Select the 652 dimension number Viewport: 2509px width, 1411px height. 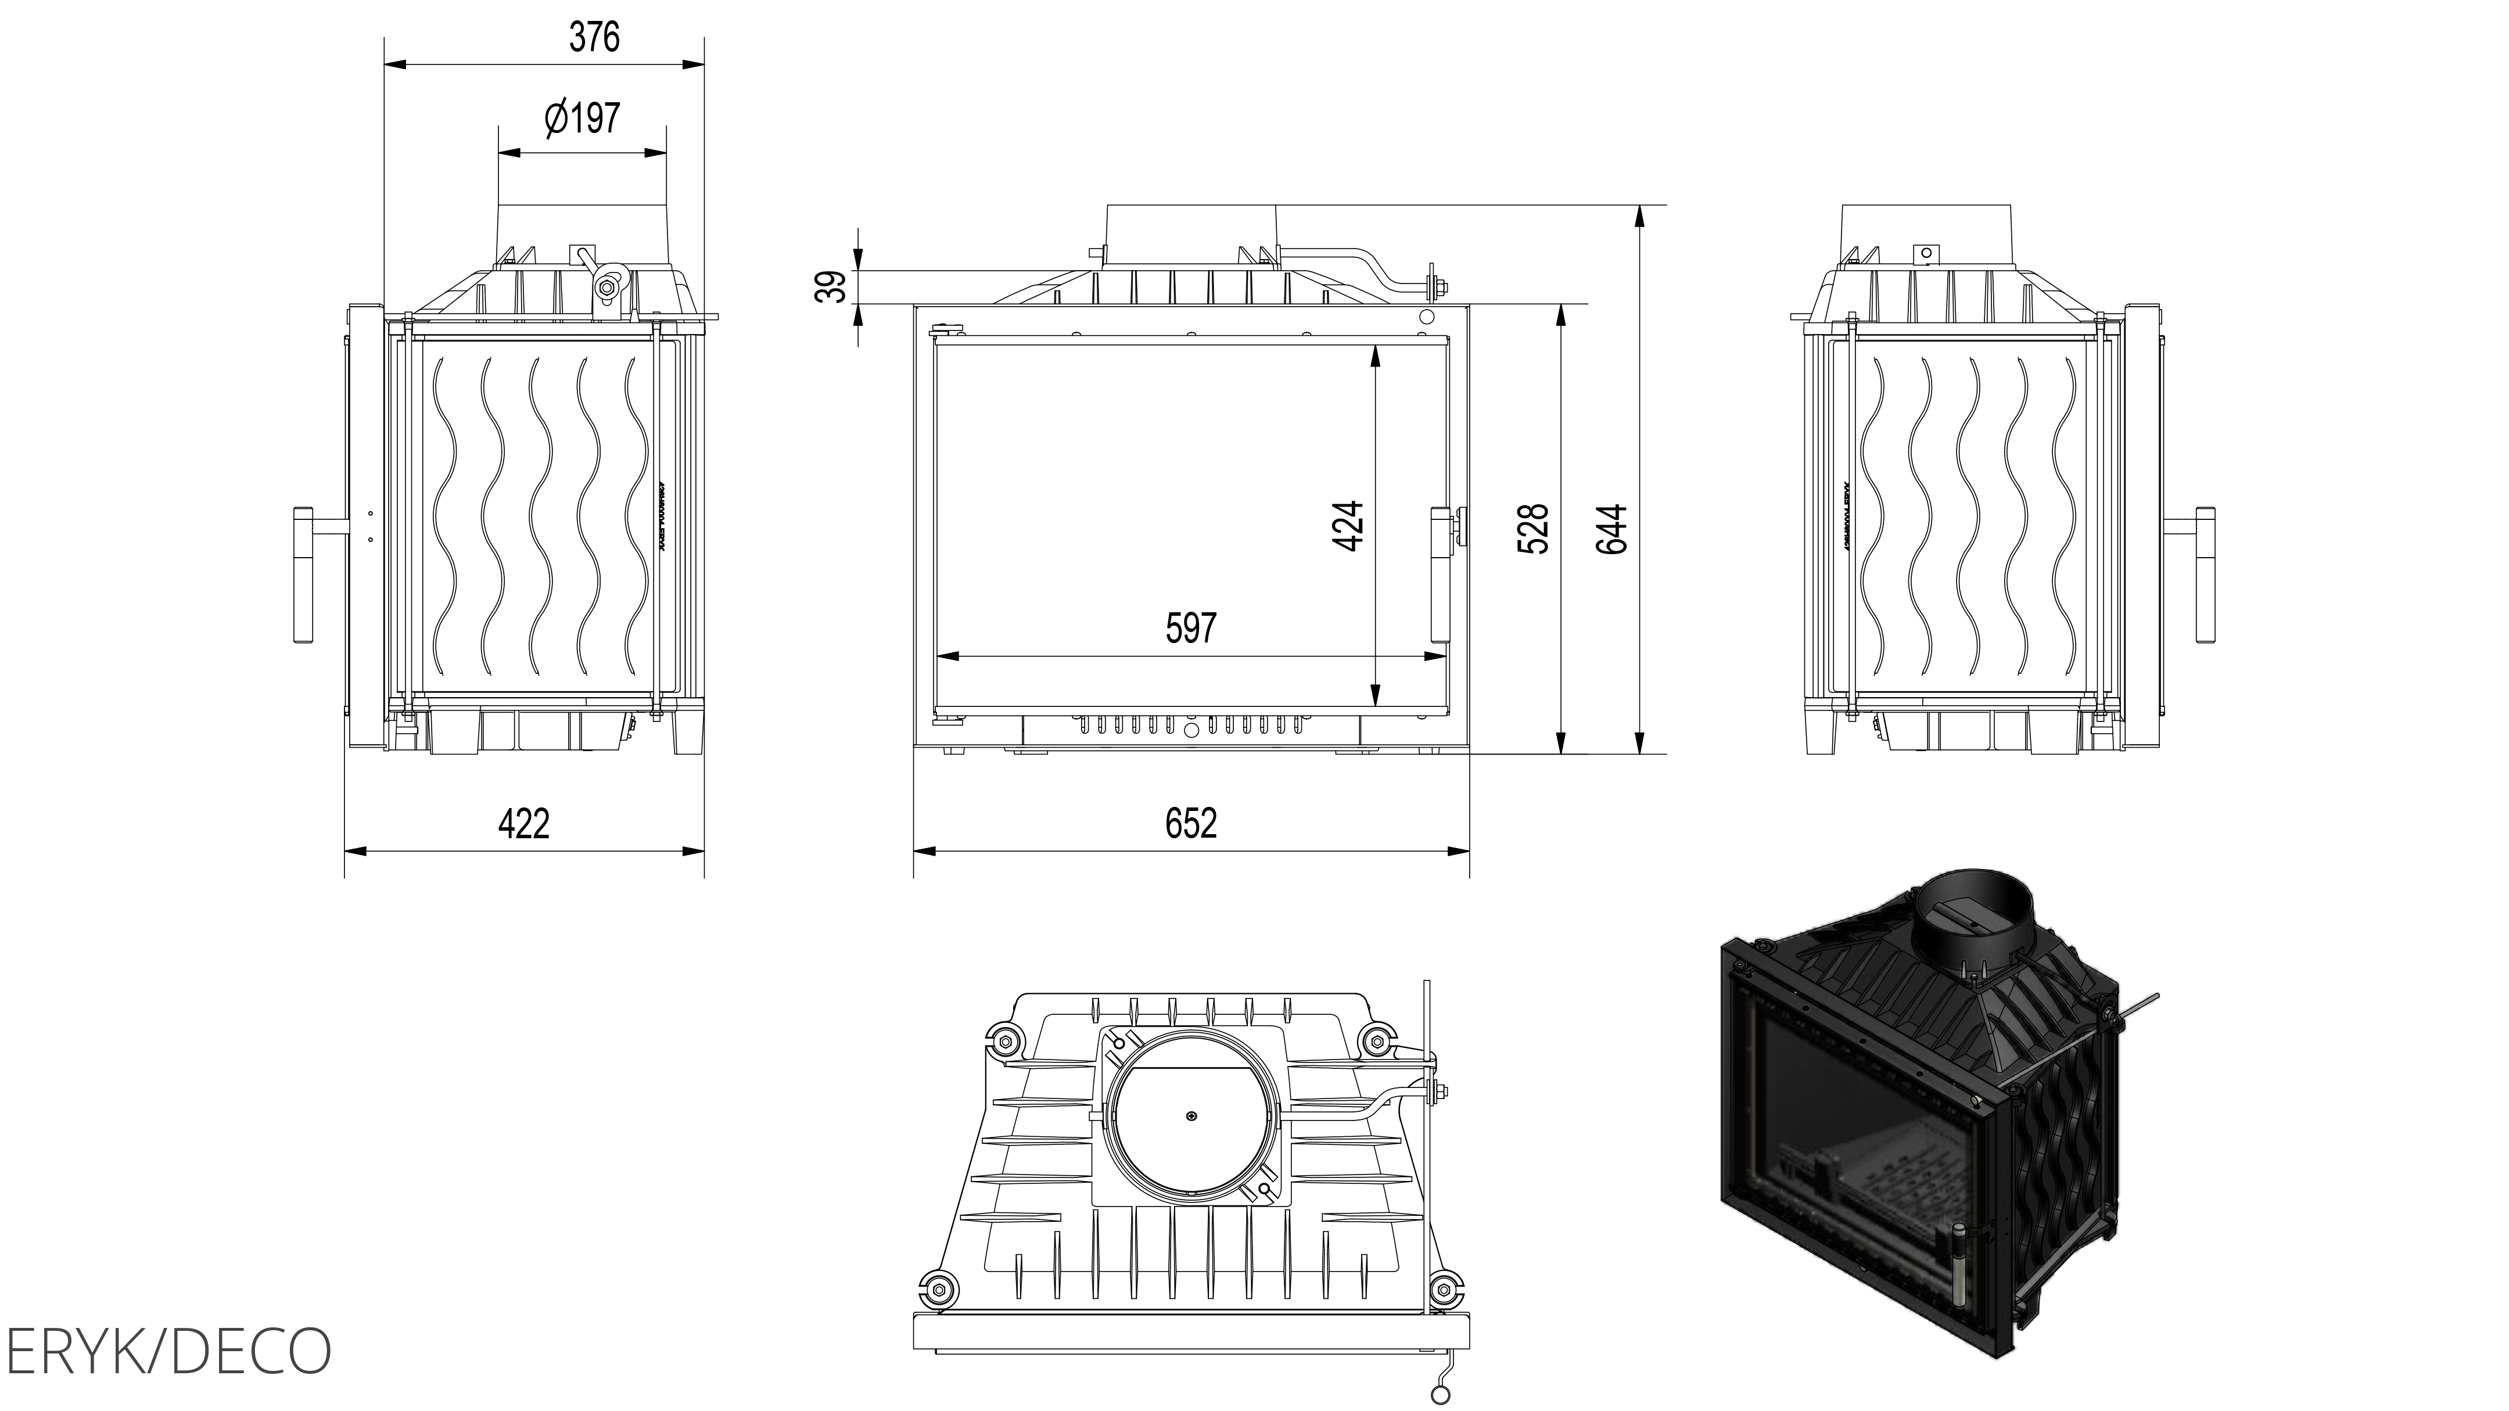pyautogui.click(x=1190, y=824)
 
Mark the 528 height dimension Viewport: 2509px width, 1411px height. pyautogui.click(x=1533, y=529)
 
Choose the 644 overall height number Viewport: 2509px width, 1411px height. pyautogui.click(x=1612, y=529)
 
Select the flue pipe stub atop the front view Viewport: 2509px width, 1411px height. pyautogui.click(x=1190, y=234)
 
